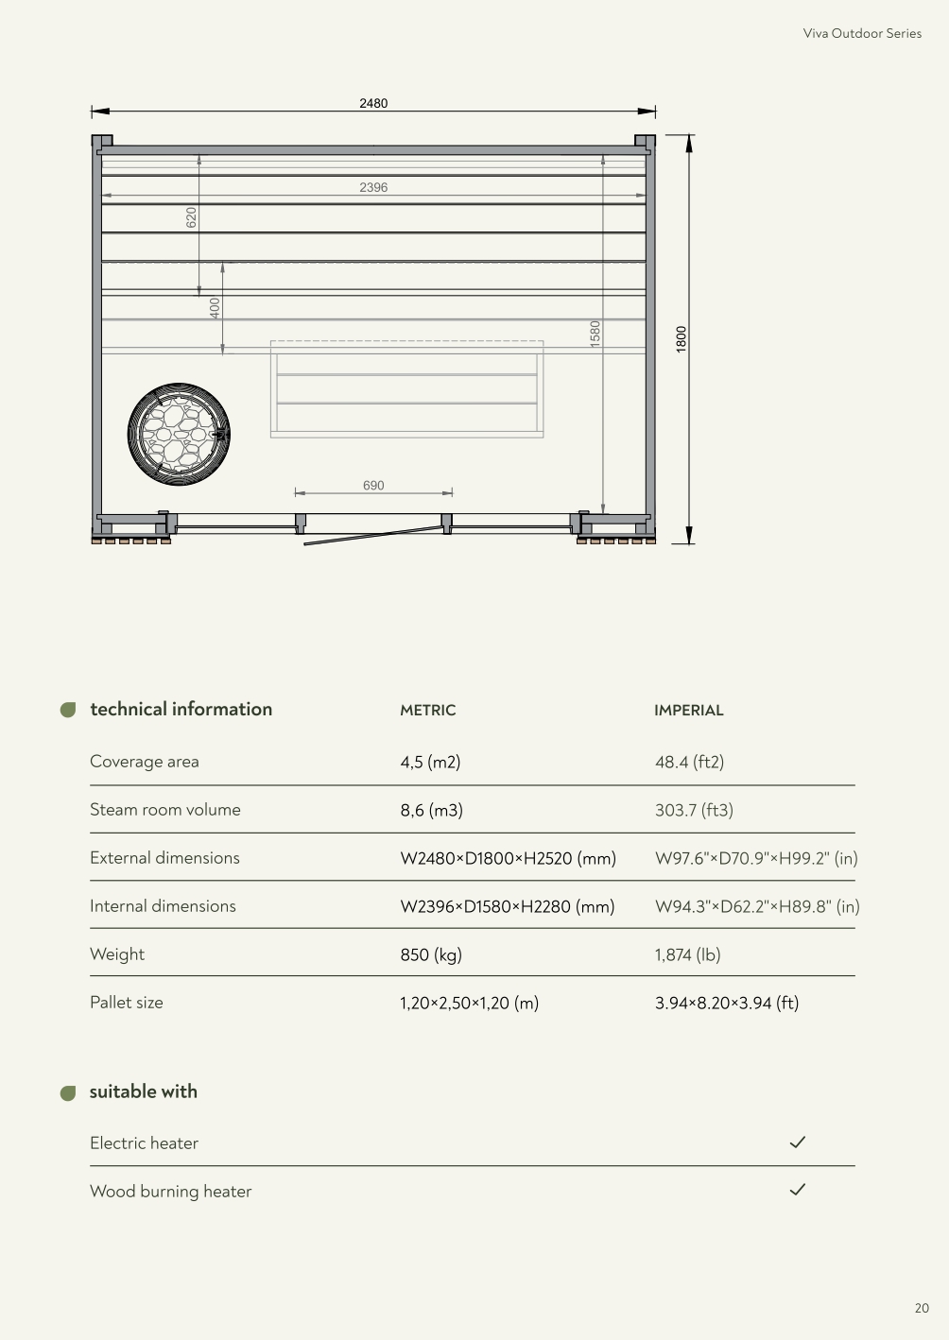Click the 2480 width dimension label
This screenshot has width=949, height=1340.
click(x=373, y=103)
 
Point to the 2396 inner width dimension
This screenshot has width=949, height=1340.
click(x=373, y=187)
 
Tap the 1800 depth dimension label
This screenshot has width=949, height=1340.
click(x=682, y=339)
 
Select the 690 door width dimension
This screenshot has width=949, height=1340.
click(x=373, y=485)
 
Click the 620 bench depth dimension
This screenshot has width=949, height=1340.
click(x=191, y=217)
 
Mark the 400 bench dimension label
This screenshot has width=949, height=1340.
click(x=215, y=307)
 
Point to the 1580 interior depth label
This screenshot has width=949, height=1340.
click(x=595, y=333)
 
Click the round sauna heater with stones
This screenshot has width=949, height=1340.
click(x=179, y=435)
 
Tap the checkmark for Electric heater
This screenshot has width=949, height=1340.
click(x=798, y=1142)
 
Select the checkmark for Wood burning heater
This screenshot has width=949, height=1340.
click(x=798, y=1190)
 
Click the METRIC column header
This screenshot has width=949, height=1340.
click(x=427, y=711)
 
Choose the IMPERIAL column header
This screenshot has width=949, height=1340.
click(x=688, y=711)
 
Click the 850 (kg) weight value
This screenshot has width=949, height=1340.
click(x=431, y=954)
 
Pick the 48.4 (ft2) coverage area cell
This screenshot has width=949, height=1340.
click(x=689, y=762)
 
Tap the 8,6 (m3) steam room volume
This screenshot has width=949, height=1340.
click(x=431, y=810)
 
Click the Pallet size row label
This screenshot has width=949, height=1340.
click(x=127, y=1003)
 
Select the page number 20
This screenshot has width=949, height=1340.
click(x=922, y=1308)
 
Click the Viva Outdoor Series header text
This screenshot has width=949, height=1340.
click(x=862, y=33)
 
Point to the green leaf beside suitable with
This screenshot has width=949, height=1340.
click(x=68, y=1093)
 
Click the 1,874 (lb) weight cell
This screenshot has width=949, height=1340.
click(x=687, y=954)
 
